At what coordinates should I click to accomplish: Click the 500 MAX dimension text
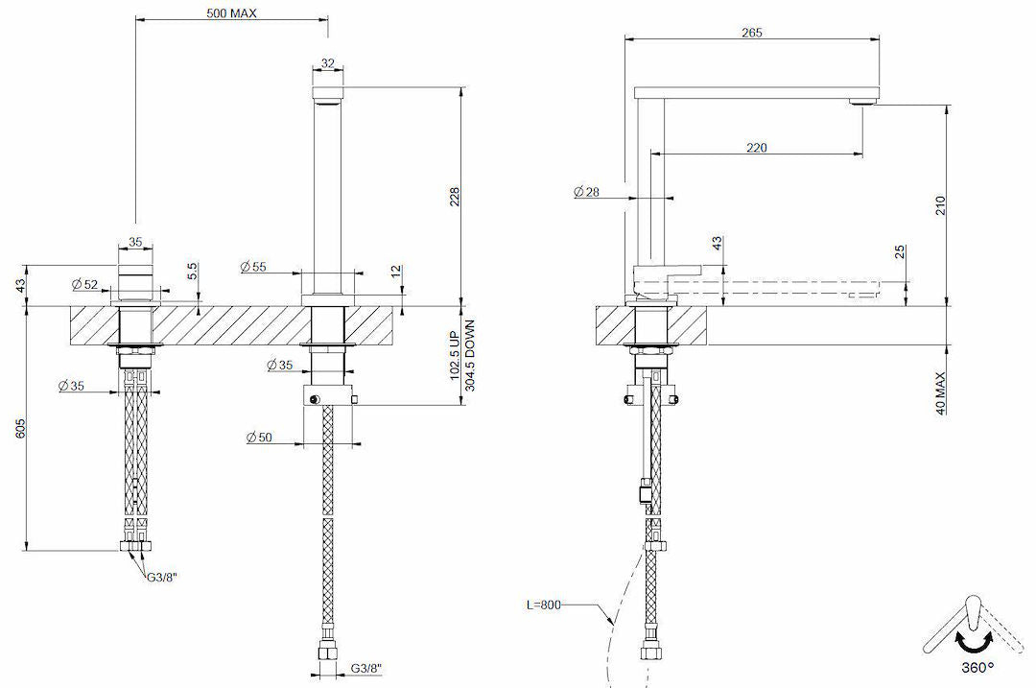pyautogui.click(x=231, y=13)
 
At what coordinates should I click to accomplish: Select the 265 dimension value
pyautogui.click(x=752, y=33)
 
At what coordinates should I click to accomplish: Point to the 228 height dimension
pyautogui.click(x=455, y=196)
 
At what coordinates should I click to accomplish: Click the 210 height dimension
pyautogui.click(x=940, y=205)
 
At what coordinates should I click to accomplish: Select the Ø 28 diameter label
pyautogui.click(x=586, y=193)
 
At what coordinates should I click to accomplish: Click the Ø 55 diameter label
pyautogui.click(x=253, y=266)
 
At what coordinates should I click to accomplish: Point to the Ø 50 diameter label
pyautogui.click(x=260, y=438)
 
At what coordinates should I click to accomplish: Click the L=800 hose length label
pyautogui.click(x=543, y=605)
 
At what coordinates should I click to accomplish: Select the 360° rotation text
pyautogui.click(x=975, y=666)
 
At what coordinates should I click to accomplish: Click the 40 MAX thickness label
pyautogui.click(x=940, y=393)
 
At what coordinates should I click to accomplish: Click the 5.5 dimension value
pyautogui.click(x=192, y=271)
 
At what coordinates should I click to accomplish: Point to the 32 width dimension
pyautogui.click(x=328, y=63)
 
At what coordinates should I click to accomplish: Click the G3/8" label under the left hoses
pyautogui.click(x=162, y=576)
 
